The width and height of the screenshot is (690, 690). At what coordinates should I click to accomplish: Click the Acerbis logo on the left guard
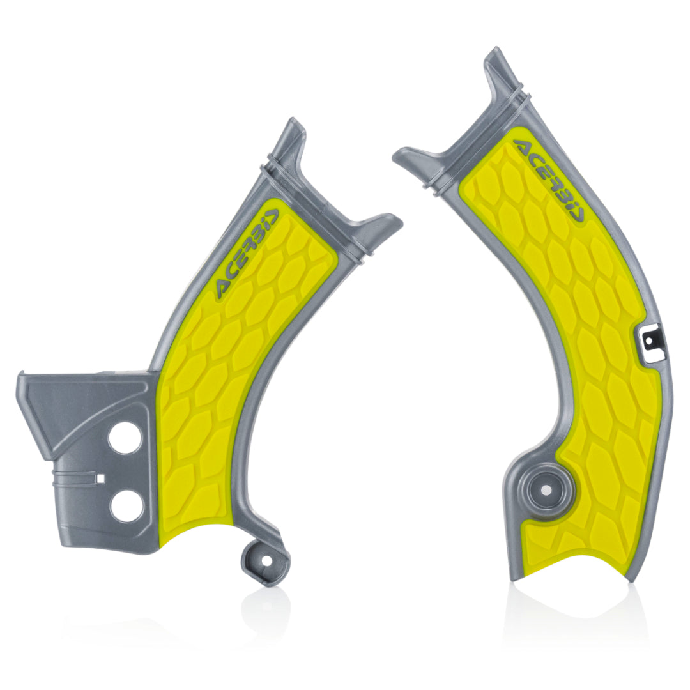pyautogui.click(x=245, y=254)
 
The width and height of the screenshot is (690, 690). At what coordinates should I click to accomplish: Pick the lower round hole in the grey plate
pyautogui.click(x=125, y=507)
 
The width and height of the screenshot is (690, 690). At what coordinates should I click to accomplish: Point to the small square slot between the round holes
pyautogui.click(x=100, y=477)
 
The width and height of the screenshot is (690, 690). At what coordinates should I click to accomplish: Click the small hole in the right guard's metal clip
pyautogui.click(x=650, y=342)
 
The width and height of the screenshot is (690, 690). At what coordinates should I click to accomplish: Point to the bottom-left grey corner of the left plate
pyautogui.click(x=64, y=547)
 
